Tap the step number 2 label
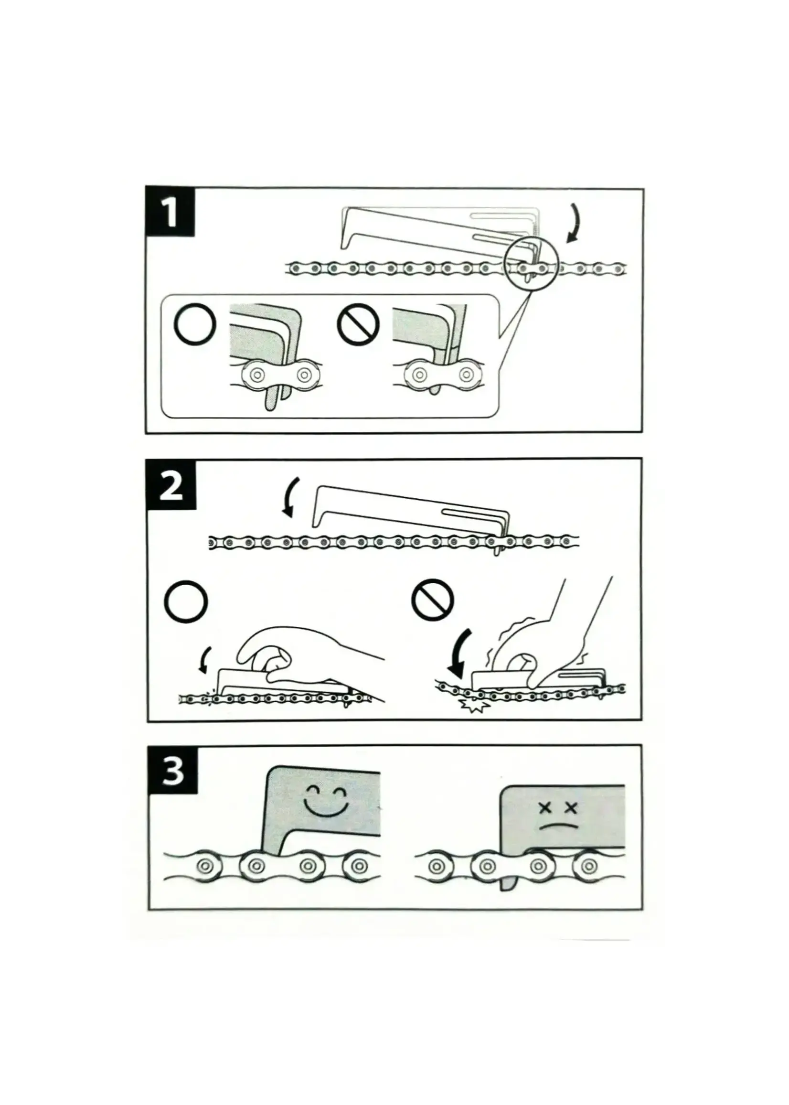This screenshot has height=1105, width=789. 171,486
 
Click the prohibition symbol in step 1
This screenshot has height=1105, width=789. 358,324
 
